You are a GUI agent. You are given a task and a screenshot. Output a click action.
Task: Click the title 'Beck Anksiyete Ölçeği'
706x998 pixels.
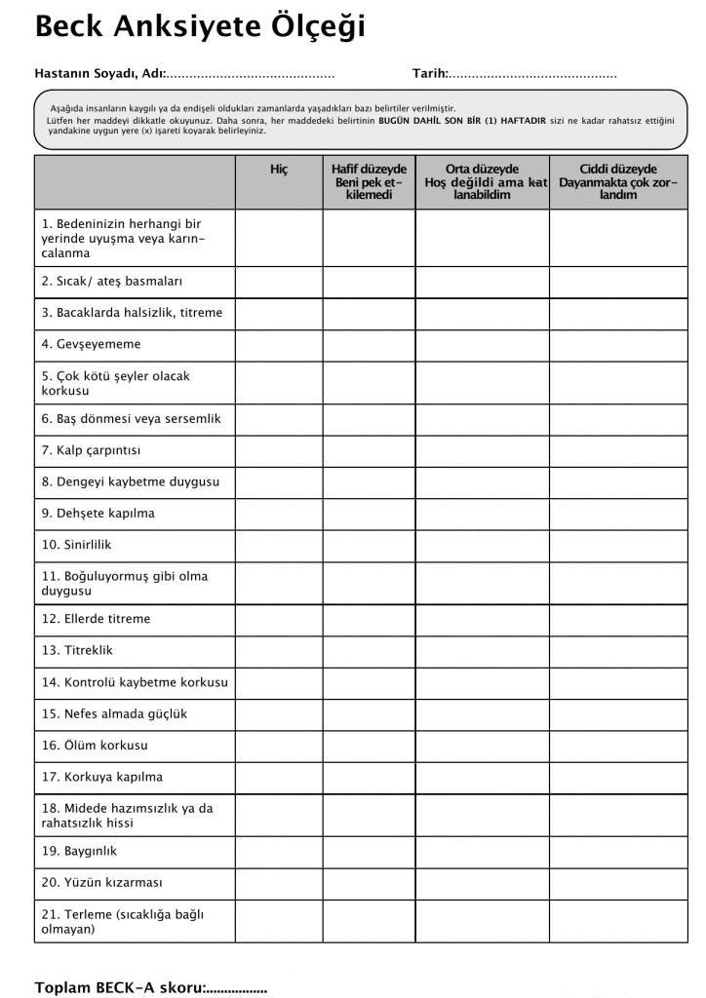point(200,26)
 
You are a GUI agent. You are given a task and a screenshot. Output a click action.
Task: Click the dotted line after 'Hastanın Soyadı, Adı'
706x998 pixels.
point(252,74)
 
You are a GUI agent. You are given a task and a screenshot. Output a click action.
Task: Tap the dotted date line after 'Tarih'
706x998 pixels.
point(532,74)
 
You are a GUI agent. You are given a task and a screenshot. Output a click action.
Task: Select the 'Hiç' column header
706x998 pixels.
point(279,170)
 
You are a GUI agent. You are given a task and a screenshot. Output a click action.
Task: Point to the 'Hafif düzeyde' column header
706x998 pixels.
point(369,181)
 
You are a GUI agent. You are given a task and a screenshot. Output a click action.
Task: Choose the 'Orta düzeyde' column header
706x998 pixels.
point(482,181)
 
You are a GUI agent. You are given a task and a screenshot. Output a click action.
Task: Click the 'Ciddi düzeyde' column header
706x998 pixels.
point(618,181)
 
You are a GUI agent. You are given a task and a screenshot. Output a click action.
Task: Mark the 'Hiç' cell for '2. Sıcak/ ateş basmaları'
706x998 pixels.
point(279,282)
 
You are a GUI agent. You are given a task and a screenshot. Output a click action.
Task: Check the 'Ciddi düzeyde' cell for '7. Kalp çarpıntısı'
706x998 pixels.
point(618,450)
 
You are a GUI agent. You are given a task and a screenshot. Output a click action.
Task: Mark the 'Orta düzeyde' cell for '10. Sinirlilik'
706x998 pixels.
point(482,545)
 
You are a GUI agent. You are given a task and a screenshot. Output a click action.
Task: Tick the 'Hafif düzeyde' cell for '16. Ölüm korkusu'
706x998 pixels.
point(369,746)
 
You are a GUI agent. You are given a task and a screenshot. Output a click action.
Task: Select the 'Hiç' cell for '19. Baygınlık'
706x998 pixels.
point(279,851)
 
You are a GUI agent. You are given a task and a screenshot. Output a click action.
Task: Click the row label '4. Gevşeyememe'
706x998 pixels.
point(92,344)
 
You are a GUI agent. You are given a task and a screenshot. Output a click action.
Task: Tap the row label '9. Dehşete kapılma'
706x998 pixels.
point(98,514)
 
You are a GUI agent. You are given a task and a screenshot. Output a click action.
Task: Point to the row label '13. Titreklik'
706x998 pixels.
point(78,651)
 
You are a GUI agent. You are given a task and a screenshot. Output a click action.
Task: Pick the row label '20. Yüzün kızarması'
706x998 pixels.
point(101,883)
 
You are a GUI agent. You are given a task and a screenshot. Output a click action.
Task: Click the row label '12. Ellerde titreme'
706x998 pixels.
point(96,619)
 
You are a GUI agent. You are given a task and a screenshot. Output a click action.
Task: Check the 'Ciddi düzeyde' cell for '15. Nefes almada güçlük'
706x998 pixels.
point(618,714)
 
